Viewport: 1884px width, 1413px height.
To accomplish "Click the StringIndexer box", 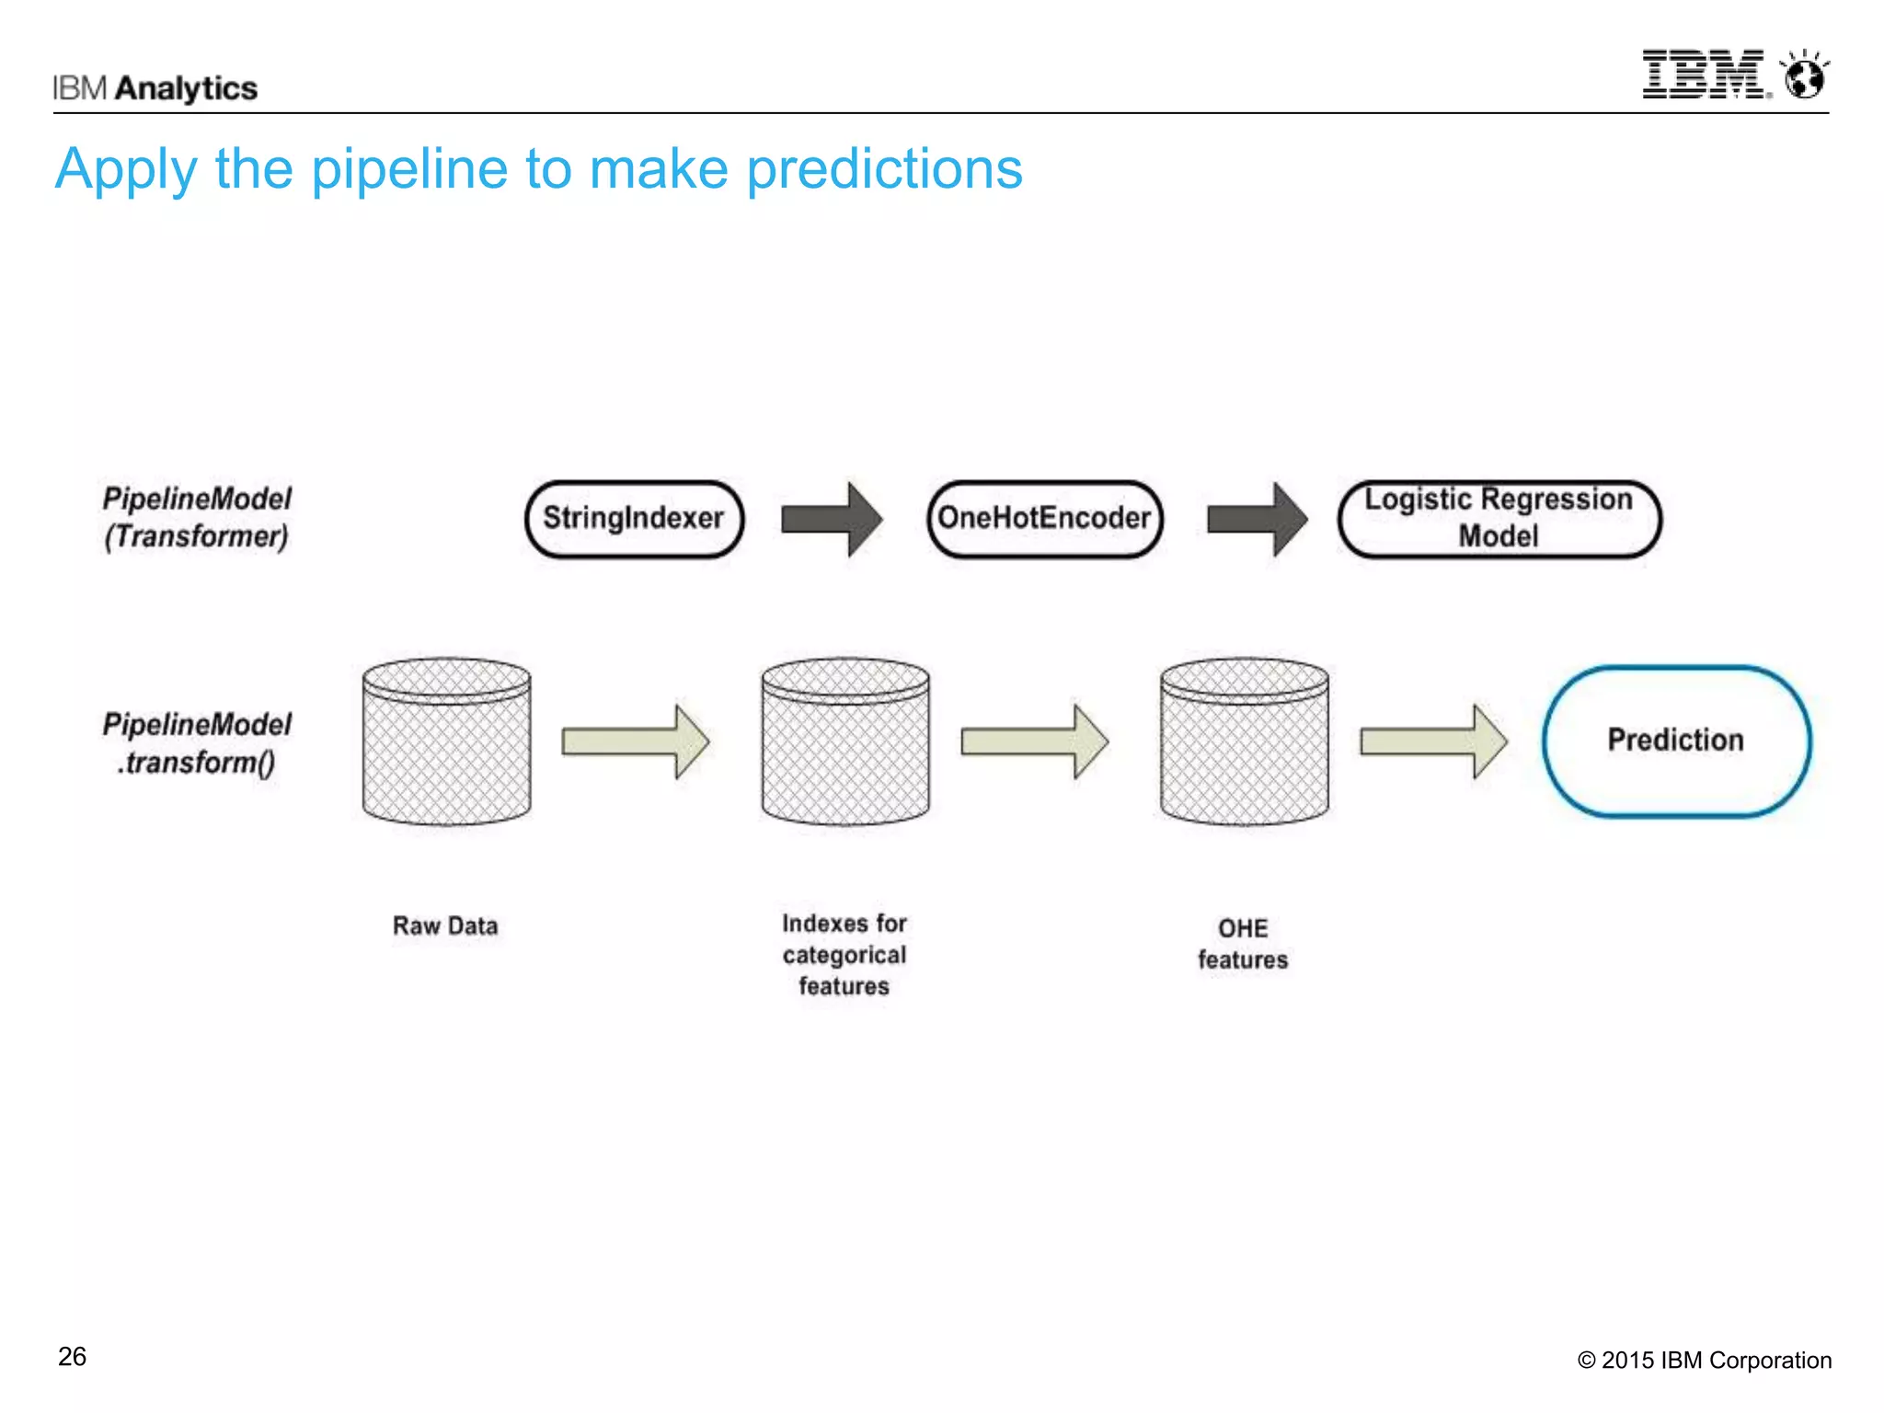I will (x=634, y=519).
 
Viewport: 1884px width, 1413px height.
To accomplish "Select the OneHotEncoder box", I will (x=1044, y=519).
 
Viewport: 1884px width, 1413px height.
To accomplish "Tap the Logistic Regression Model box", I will (x=1499, y=519).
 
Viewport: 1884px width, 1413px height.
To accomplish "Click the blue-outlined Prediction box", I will (x=1676, y=741).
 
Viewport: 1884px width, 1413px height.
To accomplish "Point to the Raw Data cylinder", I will (x=446, y=741).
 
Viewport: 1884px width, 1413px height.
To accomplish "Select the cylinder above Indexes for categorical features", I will (x=844, y=741).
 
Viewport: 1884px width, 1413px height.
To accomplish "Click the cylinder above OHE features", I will (x=1244, y=741).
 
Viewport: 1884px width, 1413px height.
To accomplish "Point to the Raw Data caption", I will (x=445, y=925).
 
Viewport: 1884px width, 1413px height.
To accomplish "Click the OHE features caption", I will (x=1243, y=944).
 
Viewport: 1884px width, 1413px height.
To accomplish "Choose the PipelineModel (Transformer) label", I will (x=197, y=517).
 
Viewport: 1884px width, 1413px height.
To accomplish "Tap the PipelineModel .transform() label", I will (x=197, y=743).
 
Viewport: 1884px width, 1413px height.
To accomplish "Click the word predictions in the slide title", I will (x=884, y=169).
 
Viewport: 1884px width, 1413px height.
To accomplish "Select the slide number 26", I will (x=72, y=1357).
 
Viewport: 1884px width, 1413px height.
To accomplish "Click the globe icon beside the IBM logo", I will (x=1804, y=75).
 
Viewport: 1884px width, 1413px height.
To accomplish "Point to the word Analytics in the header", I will (x=187, y=88).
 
